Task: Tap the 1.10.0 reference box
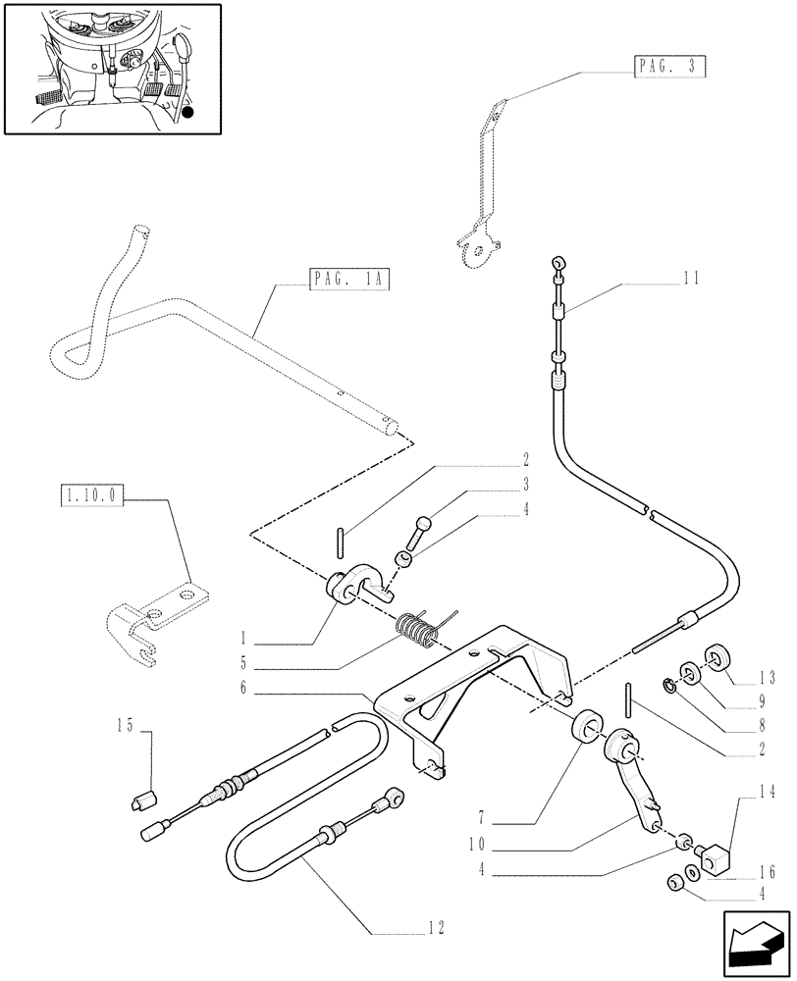[90, 497]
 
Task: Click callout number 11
[690, 279]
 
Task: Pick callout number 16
[766, 871]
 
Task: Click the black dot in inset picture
[187, 115]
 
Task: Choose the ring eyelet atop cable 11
[558, 263]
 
